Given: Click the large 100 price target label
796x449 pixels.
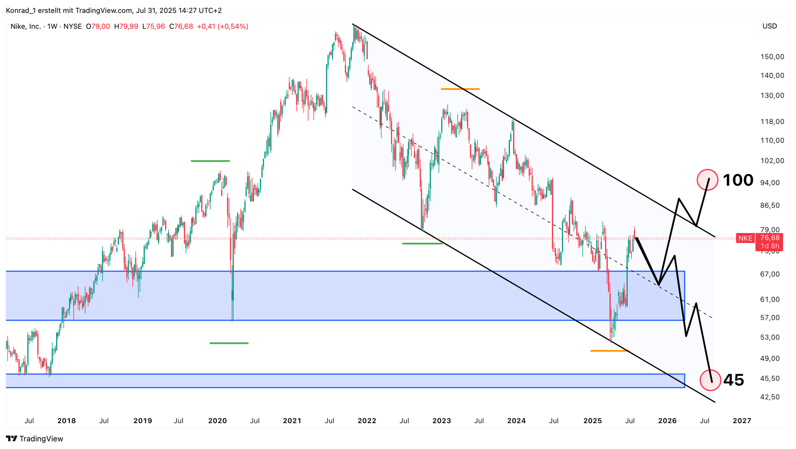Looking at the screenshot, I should tap(738, 180).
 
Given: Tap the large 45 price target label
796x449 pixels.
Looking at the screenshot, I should tap(734, 380).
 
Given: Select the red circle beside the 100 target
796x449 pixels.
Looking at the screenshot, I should tap(707, 180).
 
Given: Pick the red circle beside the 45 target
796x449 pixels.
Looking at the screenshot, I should tap(710, 380).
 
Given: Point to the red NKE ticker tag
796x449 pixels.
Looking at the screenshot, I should tap(745, 238).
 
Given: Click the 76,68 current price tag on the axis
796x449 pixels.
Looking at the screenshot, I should tap(770, 238).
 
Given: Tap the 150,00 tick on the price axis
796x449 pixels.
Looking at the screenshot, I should tap(772, 57).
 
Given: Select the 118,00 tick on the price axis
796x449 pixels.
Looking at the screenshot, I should tap(772, 122).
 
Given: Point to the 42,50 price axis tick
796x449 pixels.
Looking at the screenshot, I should tap(770, 397).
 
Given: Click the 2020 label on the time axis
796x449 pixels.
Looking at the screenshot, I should tap(217, 421).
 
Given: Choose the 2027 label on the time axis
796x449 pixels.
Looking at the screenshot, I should tap(742, 421).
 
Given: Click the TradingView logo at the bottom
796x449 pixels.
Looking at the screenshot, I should tap(35, 438).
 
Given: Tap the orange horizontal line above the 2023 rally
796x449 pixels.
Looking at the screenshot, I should tap(460, 89).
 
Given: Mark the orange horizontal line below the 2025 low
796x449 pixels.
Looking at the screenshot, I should tap(609, 351).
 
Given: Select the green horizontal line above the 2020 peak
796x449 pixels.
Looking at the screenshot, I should tap(210, 161).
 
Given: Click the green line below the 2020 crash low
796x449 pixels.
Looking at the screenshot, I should tap(229, 343).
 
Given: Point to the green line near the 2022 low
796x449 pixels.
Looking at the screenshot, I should tap(422, 244).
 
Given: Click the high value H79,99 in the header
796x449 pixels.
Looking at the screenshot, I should tap(126, 26).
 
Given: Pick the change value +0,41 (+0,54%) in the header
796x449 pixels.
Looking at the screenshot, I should tap(222, 26).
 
